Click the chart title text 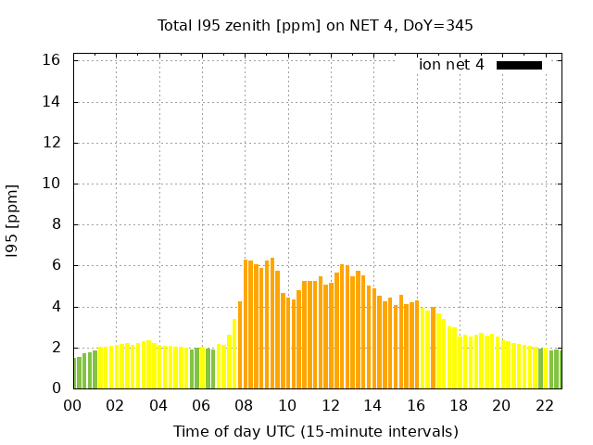pyautogui.click(x=315, y=25)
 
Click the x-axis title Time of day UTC pyautogui.click(x=315, y=431)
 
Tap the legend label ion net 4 pyautogui.click(x=451, y=65)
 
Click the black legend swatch pyautogui.click(x=519, y=65)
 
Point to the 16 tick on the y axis pyautogui.click(x=52, y=60)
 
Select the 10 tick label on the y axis pyautogui.click(x=52, y=184)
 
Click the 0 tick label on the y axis pyautogui.click(x=57, y=388)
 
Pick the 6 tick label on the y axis pyautogui.click(x=57, y=265)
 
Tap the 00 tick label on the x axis pyautogui.click(x=73, y=406)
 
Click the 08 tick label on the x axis pyautogui.click(x=245, y=406)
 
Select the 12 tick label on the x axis pyautogui.click(x=331, y=406)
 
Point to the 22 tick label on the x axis pyautogui.click(x=545, y=406)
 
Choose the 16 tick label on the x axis pyautogui.click(x=416, y=406)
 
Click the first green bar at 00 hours pyautogui.click(x=76, y=374)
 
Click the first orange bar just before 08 pyautogui.click(x=240, y=345)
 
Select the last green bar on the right pyautogui.click(x=557, y=369)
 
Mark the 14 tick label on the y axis pyautogui.click(x=52, y=102)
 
